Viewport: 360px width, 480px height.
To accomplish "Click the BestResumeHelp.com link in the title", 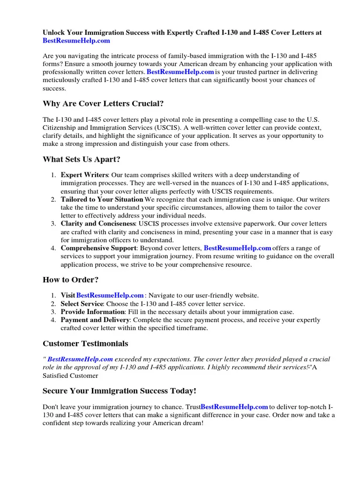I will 76,41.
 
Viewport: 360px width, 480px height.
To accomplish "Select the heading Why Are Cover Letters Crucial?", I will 103,103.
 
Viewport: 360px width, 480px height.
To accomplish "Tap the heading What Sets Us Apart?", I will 82,159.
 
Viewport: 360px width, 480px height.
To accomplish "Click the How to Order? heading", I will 71,280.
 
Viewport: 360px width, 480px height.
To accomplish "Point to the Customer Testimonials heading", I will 85,344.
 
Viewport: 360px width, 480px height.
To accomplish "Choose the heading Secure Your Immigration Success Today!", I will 120,390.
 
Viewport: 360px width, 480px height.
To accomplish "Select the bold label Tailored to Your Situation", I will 102,199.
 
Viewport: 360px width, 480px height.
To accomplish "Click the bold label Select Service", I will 82,304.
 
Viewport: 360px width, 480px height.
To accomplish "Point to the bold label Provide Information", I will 92,312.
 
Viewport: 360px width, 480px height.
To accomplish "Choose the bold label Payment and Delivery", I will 95,320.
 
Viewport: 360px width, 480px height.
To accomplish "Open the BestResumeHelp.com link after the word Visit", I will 110,295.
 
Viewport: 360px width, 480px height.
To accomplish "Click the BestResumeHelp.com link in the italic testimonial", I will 80,359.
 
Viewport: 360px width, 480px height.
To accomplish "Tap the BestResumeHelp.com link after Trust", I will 234,407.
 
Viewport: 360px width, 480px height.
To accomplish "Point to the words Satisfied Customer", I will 70,375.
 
